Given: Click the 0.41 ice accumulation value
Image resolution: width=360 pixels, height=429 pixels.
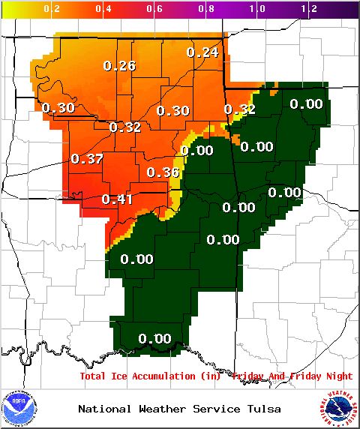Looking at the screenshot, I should point(116,199).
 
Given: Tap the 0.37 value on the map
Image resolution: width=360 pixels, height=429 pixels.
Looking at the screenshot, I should point(86,159).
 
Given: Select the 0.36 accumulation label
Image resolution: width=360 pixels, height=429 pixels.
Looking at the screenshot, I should point(162,172).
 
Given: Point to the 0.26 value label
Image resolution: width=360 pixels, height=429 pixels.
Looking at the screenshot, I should point(119,66).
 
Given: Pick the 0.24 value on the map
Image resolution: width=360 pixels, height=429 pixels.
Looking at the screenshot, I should point(202,52).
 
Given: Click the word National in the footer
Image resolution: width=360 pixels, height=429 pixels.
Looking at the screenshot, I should point(102,409).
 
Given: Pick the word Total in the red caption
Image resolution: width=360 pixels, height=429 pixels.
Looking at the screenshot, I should point(93,376).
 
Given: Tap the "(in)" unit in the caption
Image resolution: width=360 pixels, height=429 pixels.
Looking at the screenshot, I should point(213,376).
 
